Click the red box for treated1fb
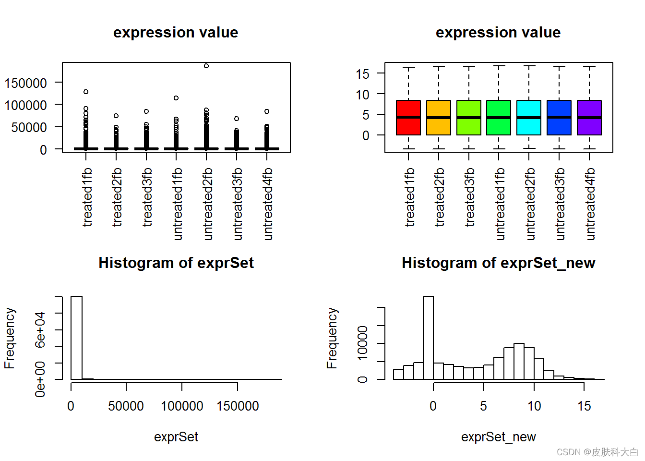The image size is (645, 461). [x=408, y=118]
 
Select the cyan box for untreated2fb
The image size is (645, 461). [x=529, y=118]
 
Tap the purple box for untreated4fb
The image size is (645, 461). [x=589, y=118]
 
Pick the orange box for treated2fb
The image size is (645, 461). [x=439, y=118]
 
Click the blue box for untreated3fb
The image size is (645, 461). [x=559, y=118]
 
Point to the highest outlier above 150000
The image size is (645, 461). [x=206, y=66]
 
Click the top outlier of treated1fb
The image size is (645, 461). [x=86, y=92]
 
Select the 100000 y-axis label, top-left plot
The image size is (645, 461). [x=25, y=105]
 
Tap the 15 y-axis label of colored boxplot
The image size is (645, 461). [x=363, y=74]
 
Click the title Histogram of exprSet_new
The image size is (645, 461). [x=498, y=263]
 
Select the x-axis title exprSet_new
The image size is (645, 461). [x=498, y=437]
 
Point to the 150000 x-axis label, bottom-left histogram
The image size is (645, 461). [x=238, y=406]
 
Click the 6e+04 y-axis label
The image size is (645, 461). [x=40, y=329]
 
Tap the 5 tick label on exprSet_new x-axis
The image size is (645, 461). [x=483, y=406]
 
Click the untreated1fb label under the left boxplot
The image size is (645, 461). [x=178, y=204]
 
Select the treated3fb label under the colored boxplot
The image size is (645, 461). [x=470, y=197]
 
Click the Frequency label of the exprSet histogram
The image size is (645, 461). [x=10, y=338]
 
